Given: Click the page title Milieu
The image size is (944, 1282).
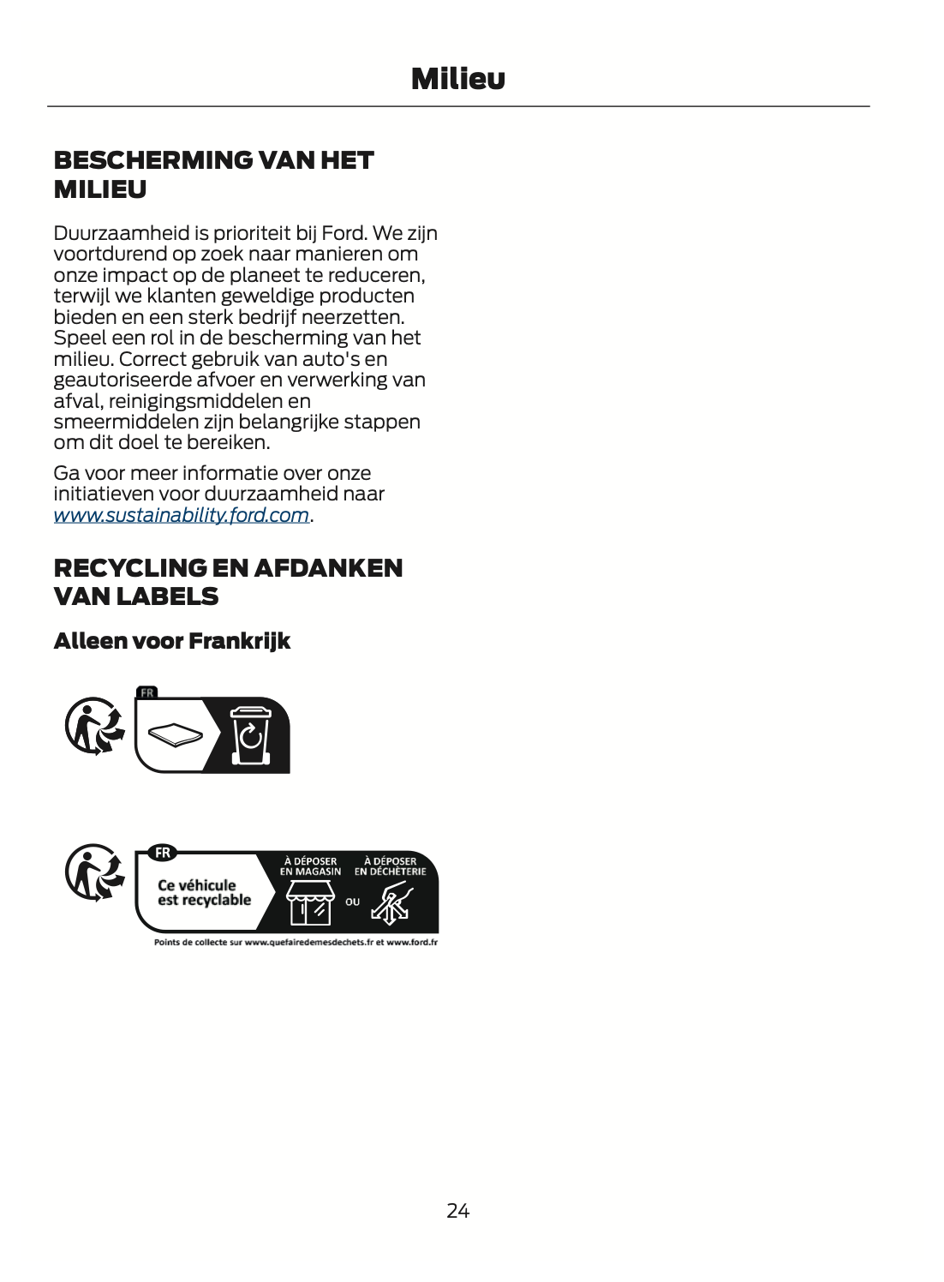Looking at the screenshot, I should pos(457,79).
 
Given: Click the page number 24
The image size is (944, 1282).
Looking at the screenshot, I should pos(457,1210).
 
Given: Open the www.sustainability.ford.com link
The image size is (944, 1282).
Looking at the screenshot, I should pos(181,515).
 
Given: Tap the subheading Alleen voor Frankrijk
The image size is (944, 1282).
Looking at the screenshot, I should pos(171,641).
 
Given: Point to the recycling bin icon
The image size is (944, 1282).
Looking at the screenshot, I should pos(251,735).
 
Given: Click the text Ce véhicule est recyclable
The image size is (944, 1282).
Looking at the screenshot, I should pos(204,893).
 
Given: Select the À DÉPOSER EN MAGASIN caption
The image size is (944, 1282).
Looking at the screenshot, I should pos(310,866).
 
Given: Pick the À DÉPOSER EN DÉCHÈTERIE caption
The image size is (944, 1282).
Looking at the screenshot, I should pos(390,866).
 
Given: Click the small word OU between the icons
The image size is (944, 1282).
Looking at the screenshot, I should pos(352,902).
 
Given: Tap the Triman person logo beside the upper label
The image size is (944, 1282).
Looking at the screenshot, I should pos(94,727).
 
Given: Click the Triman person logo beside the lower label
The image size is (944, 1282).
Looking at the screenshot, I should pos(94,872).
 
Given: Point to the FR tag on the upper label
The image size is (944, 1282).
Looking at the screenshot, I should pos(147,692).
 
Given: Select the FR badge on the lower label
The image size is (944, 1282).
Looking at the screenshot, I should pos(162,853).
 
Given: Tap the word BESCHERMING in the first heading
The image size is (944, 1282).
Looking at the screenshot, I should pos(152,160).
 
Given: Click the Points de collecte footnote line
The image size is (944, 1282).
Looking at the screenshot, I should pos(296,943).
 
